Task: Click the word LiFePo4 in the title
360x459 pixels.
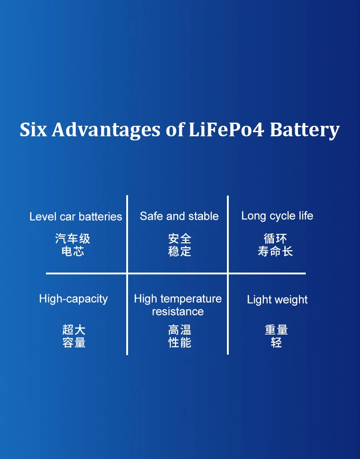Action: tap(226, 129)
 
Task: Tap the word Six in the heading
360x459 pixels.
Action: tap(33, 129)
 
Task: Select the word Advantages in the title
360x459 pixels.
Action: tap(106, 130)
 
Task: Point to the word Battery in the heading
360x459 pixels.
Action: tap(304, 130)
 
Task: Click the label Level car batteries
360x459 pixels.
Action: tap(76, 217)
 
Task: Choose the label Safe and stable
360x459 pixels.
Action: tap(179, 216)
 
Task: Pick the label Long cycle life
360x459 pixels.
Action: tap(277, 216)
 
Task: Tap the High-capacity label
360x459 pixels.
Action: tap(73, 299)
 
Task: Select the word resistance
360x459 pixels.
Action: tap(178, 312)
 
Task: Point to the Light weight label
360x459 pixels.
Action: tap(277, 300)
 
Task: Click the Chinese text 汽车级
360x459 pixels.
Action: tap(73, 238)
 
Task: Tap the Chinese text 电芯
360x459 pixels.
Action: tap(73, 251)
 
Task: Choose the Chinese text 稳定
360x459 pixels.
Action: tap(180, 251)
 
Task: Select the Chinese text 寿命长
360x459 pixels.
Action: tap(275, 251)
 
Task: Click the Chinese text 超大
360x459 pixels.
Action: tap(74, 330)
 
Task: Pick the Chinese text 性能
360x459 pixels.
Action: tap(180, 342)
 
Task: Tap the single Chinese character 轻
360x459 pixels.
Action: tap(276, 342)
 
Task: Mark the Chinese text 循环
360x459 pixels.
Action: tap(275, 238)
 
